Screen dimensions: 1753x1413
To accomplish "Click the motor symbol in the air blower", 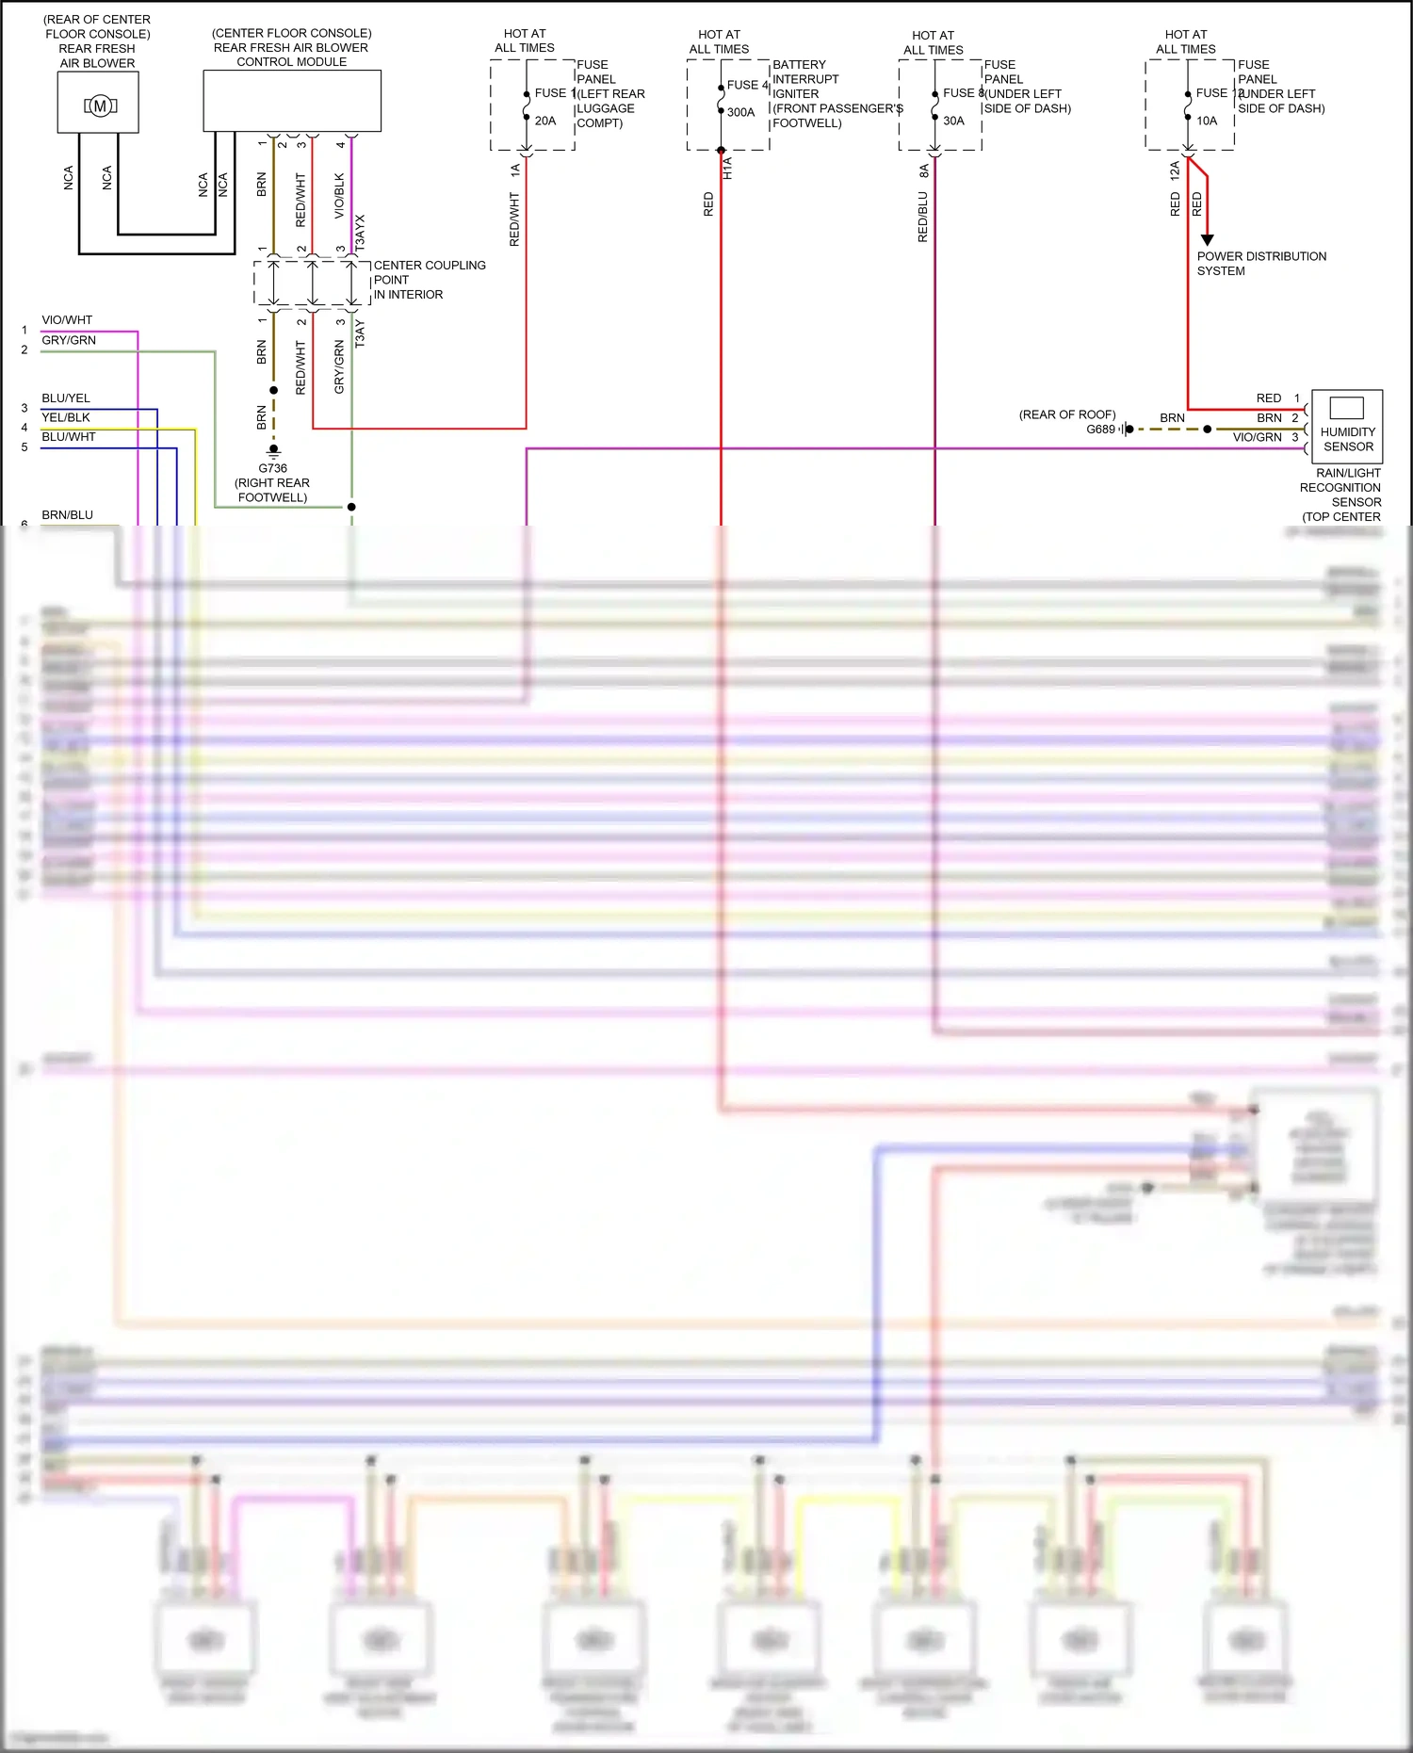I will point(99,106).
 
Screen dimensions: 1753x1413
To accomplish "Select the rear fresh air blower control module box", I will point(292,100).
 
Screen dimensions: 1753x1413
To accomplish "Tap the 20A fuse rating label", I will point(545,121).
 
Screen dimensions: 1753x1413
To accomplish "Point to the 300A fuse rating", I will point(740,112).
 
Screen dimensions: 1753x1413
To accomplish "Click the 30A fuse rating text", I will point(953,121).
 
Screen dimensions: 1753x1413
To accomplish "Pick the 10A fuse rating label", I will point(1207,121).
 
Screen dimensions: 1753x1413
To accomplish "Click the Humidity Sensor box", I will point(1347,425).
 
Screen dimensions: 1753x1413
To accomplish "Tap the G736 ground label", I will point(272,468).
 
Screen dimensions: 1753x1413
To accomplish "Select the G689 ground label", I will point(1100,430).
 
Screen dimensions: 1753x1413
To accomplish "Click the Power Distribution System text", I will point(1260,264).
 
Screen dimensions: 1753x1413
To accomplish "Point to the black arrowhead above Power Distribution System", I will point(1207,240).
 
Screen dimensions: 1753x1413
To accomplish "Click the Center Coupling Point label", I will point(429,280).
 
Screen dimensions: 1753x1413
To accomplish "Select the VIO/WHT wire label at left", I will point(67,320).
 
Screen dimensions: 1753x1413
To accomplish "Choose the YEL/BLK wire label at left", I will point(66,417).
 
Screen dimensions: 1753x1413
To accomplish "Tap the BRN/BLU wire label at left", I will point(67,515).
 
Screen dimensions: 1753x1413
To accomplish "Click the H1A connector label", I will point(727,169).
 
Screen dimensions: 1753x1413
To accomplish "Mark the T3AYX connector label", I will point(360,232).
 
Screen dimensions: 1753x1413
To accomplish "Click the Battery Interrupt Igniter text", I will point(805,79).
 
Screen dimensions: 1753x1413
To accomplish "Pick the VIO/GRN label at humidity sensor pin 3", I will point(1257,437).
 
